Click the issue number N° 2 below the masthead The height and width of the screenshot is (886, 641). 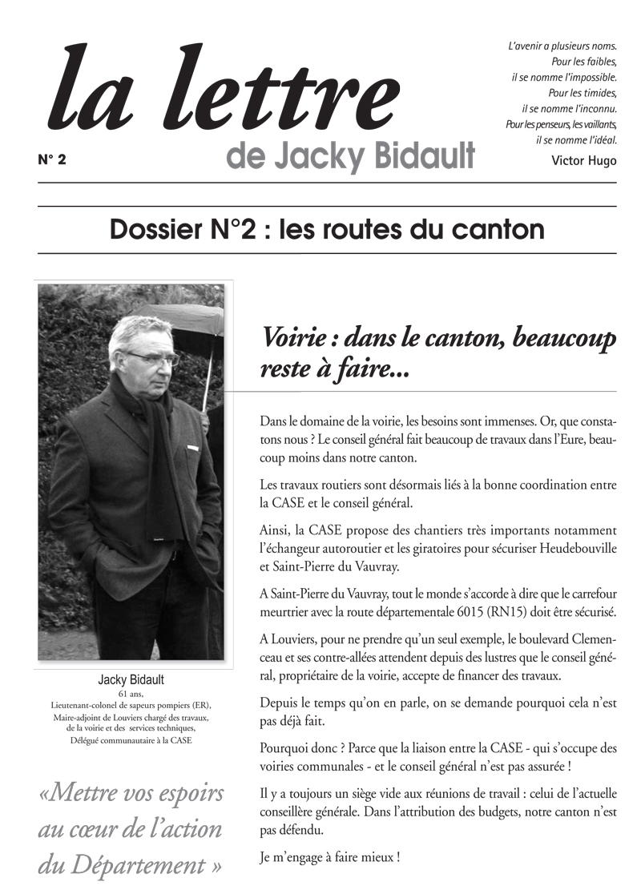[x=52, y=159]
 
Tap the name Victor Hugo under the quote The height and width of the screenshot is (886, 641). [x=584, y=160]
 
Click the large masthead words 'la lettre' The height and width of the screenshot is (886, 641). [x=224, y=92]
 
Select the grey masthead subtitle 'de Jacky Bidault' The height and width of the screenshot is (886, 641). [x=350, y=155]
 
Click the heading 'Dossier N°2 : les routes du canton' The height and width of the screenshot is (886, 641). [x=327, y=230]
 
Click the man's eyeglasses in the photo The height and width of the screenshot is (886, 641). [x=151, y=357]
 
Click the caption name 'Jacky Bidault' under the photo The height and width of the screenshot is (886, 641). [x=131, y=679]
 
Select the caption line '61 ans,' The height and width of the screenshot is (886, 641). [x=131, y=693]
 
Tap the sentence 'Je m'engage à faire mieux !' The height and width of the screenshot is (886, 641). [x=330, y=856]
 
